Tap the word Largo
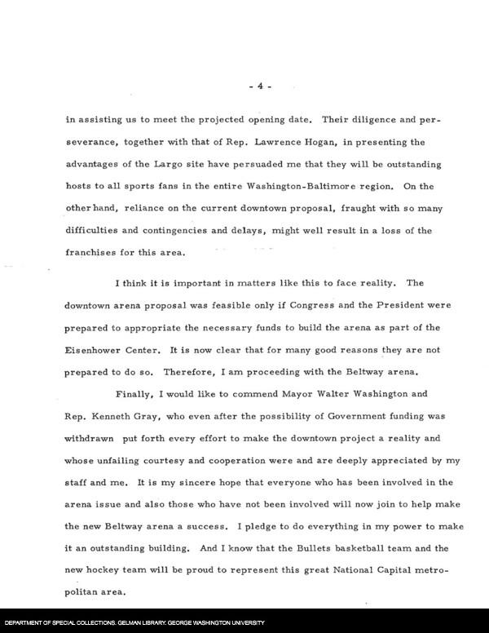click(170, 164)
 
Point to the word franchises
click(94, 253)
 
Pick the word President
click(390, 305)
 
